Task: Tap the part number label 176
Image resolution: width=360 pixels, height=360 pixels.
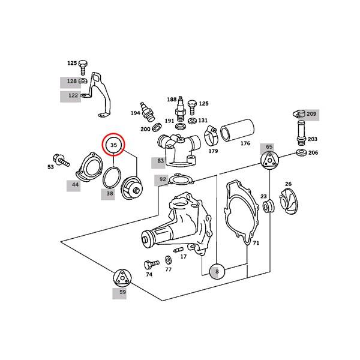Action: (x=245, y=143)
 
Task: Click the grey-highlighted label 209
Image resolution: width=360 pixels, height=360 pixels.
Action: (x=311, y=113)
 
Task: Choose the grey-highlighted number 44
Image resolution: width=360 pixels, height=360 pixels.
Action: (x=75, y=185)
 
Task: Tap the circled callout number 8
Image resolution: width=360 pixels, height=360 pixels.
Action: (x=217, y=272)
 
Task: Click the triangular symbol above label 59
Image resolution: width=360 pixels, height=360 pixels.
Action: (x=122, y=278)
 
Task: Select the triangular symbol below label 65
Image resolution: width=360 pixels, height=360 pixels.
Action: (x=269, y=160)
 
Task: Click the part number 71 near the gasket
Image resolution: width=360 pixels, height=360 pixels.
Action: (x=256, y=244)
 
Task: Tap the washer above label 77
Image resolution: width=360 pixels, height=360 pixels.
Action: (x=167, y=260)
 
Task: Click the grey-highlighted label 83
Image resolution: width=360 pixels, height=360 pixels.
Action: (x=160, y=161)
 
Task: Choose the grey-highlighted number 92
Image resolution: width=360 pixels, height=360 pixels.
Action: (x=163, y=179)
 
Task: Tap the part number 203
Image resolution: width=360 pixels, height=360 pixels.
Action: (x=312, y=139)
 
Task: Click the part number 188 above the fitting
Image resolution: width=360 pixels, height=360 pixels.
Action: (x=172, y=99)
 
